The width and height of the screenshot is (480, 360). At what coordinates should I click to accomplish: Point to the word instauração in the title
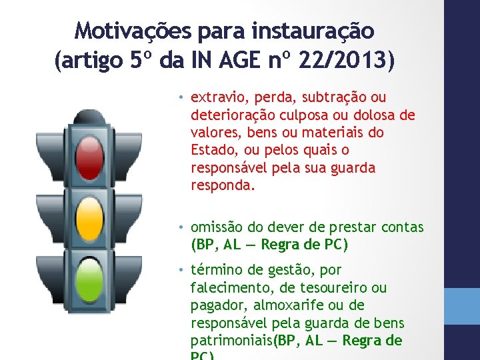pos(313,31)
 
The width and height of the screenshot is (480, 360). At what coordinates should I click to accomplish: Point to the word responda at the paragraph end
pos(221,185)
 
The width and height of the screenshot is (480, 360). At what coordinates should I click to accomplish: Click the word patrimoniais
pos(231,341)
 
